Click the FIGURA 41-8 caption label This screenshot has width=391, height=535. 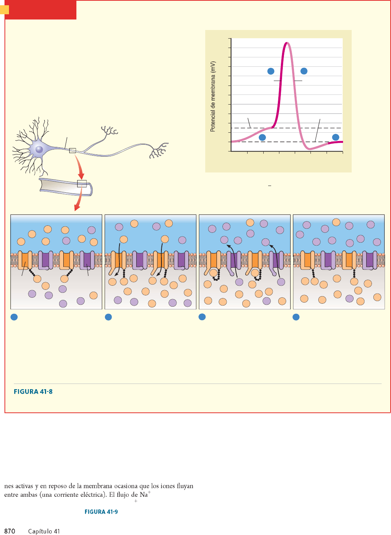33,391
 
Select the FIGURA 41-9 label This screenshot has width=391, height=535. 101,512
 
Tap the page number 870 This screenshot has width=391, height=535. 10,531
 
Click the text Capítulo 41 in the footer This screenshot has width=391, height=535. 44,531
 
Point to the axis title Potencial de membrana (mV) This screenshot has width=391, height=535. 213,96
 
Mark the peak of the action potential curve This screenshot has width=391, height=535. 287,43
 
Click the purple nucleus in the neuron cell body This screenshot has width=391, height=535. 39,150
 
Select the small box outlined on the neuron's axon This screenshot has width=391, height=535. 73,151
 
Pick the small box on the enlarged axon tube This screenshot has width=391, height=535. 82,184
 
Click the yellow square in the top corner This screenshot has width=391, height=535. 4,9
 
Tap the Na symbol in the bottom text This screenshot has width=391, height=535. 144,495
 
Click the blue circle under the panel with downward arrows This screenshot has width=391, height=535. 108,317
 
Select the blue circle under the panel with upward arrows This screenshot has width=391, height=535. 202,317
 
